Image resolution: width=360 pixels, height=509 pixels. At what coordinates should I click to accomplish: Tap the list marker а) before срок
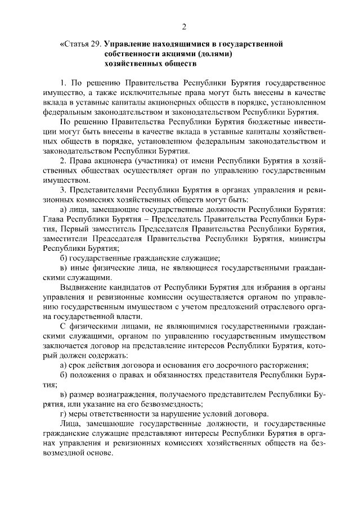pos(64,364)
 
